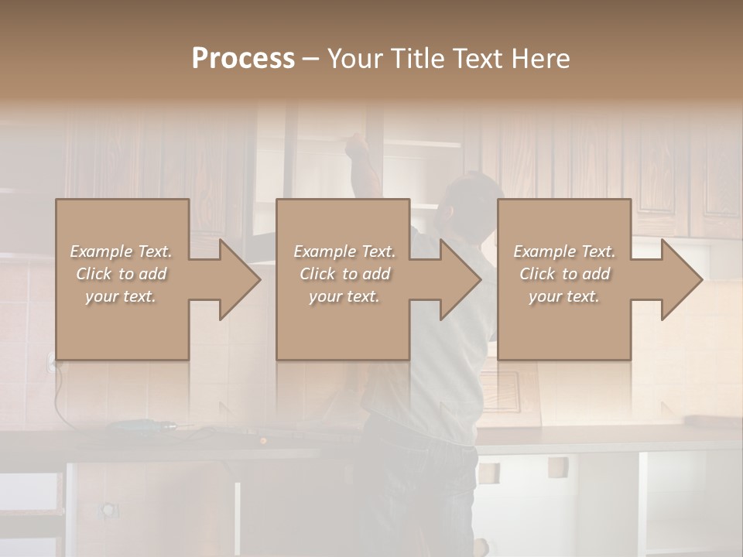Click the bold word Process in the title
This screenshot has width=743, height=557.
[243, 59]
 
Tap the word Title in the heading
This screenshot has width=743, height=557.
[417, 59]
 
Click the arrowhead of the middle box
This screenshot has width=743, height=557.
[460, 279]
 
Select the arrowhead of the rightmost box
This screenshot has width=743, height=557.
[681, 279]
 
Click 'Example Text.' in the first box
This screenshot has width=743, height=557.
[121, 251]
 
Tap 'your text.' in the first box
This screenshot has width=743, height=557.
[121, 296]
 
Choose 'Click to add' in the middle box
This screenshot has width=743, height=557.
[344, 274]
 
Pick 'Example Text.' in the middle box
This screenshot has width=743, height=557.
[344, 251]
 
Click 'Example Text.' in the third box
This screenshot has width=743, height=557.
[564, 251]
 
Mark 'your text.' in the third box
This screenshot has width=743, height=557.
[564, 296]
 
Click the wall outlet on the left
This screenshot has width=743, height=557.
[53, 362]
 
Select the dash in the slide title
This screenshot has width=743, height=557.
[310, 60]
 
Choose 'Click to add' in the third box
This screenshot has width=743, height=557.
[564, 274]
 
